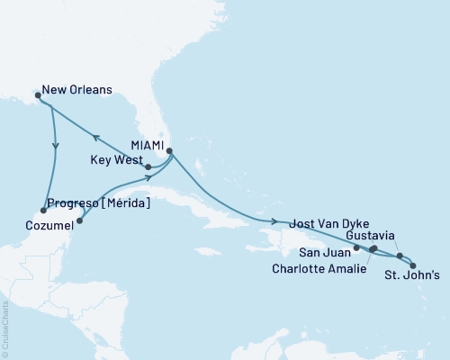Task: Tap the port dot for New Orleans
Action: [37, 93]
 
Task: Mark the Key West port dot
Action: [148, 166]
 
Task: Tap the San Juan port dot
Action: [357, 247]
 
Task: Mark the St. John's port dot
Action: [413, 265]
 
